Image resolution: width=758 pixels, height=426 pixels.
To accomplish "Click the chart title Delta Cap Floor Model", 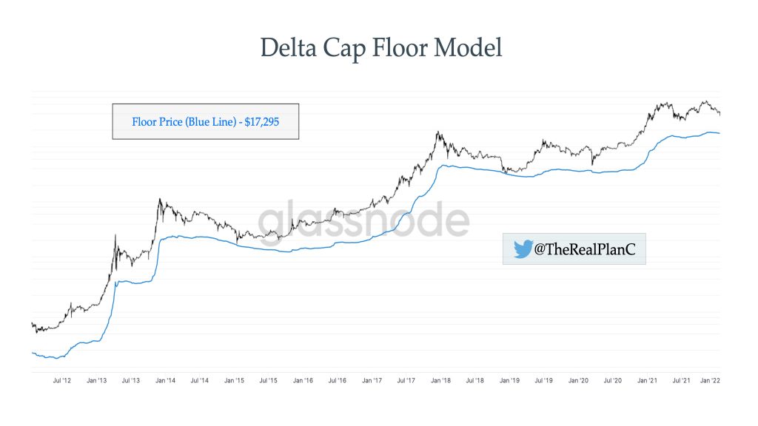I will click(x=381, y=48).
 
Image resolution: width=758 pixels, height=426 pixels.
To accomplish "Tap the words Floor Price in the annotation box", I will click(x=158, y=121).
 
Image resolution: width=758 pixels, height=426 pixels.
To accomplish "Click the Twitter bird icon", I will click(x=523, y=250).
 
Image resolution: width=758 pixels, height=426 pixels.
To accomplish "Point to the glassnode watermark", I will click(x=363, y=220).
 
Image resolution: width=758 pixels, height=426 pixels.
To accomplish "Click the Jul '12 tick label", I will click(x=62, y=381).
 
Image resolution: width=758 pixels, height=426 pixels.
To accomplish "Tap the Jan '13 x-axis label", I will click(x=96, y=381).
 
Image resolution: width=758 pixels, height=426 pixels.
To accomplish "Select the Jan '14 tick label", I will click(x=165, y=381).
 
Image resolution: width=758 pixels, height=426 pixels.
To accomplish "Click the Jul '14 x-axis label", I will click(x=200, y=381).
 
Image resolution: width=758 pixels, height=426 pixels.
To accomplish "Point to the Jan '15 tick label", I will click(x=235, y=381).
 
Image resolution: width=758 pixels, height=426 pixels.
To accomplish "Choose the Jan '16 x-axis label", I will click(x=303, y=381).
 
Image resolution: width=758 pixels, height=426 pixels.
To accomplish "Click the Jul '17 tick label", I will click(x=406, y=381).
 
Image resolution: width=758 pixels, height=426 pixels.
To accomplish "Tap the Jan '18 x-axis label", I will click(x=440, y=381).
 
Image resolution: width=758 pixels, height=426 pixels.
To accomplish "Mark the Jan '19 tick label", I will click(x=509, y=381).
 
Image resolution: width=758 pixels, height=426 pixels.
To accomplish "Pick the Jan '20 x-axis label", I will click(x=578, y=381).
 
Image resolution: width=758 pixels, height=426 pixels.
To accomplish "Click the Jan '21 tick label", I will click(x=647, y=381).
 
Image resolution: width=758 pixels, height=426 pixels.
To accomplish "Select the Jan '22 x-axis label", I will click(x=711, y=381).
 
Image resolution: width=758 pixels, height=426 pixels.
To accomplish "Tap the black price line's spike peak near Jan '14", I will click(x=159, y=199).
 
